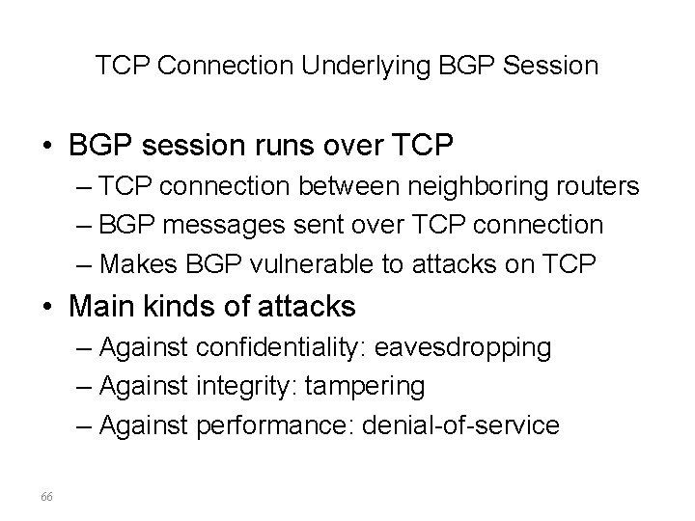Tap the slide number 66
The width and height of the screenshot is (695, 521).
click(x=47, y=495)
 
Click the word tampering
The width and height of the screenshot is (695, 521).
click(x=364, y=386)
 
